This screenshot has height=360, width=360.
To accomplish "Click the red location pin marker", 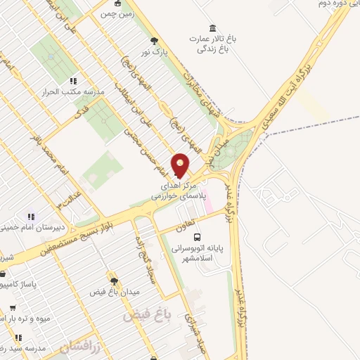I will (181, 166).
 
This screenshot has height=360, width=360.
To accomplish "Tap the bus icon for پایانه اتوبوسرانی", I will (196, 237).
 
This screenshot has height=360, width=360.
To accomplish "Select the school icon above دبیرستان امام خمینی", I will (31, 217).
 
